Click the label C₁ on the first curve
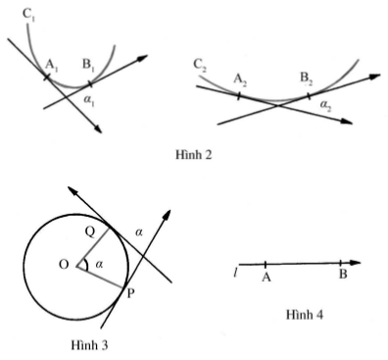tap(28, 14)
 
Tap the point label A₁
tap(51, 66)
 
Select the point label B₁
tap(88, 65)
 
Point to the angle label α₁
tap(89, 100)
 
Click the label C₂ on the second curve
tap(200, 65)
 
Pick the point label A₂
tap(240, 80)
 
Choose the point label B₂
tap(306, 79)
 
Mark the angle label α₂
tap(325, 105)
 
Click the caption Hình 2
tap(194, 154)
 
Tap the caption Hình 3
tap(89, 344)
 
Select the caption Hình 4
tap(305, 315)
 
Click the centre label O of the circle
tap(64, 264)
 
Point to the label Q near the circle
tap(90, 231)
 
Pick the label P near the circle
tap(130, 293)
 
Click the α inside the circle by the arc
tap(99, 264)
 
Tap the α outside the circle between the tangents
tap(139, 232)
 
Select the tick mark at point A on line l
tap(266, 264)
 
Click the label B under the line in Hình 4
tap(343, 274)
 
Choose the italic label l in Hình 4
tap(235, 272)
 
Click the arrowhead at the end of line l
tap(355, 263)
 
